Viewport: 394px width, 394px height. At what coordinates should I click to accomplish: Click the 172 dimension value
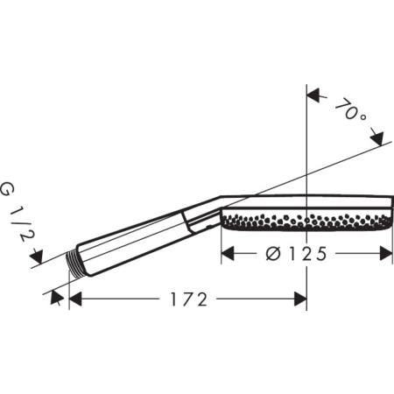(x=189, y=299)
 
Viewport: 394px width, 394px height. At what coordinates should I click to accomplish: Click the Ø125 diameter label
(x=297, y=254)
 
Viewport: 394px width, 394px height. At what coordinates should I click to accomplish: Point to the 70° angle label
(x=350, y=111)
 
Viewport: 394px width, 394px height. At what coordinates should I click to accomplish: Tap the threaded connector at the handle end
(x=73, y=264)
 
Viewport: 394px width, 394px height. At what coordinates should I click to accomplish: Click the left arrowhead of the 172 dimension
(x=75, y=299)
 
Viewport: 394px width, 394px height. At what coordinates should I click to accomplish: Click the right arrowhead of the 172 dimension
(x=300, y=299)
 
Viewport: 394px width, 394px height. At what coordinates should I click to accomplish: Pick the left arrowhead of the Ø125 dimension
(x=228, y=253)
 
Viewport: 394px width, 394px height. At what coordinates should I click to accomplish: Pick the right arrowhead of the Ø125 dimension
(x=386, y=253)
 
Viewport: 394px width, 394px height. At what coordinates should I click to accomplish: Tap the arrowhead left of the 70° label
(x=313, y=95)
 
